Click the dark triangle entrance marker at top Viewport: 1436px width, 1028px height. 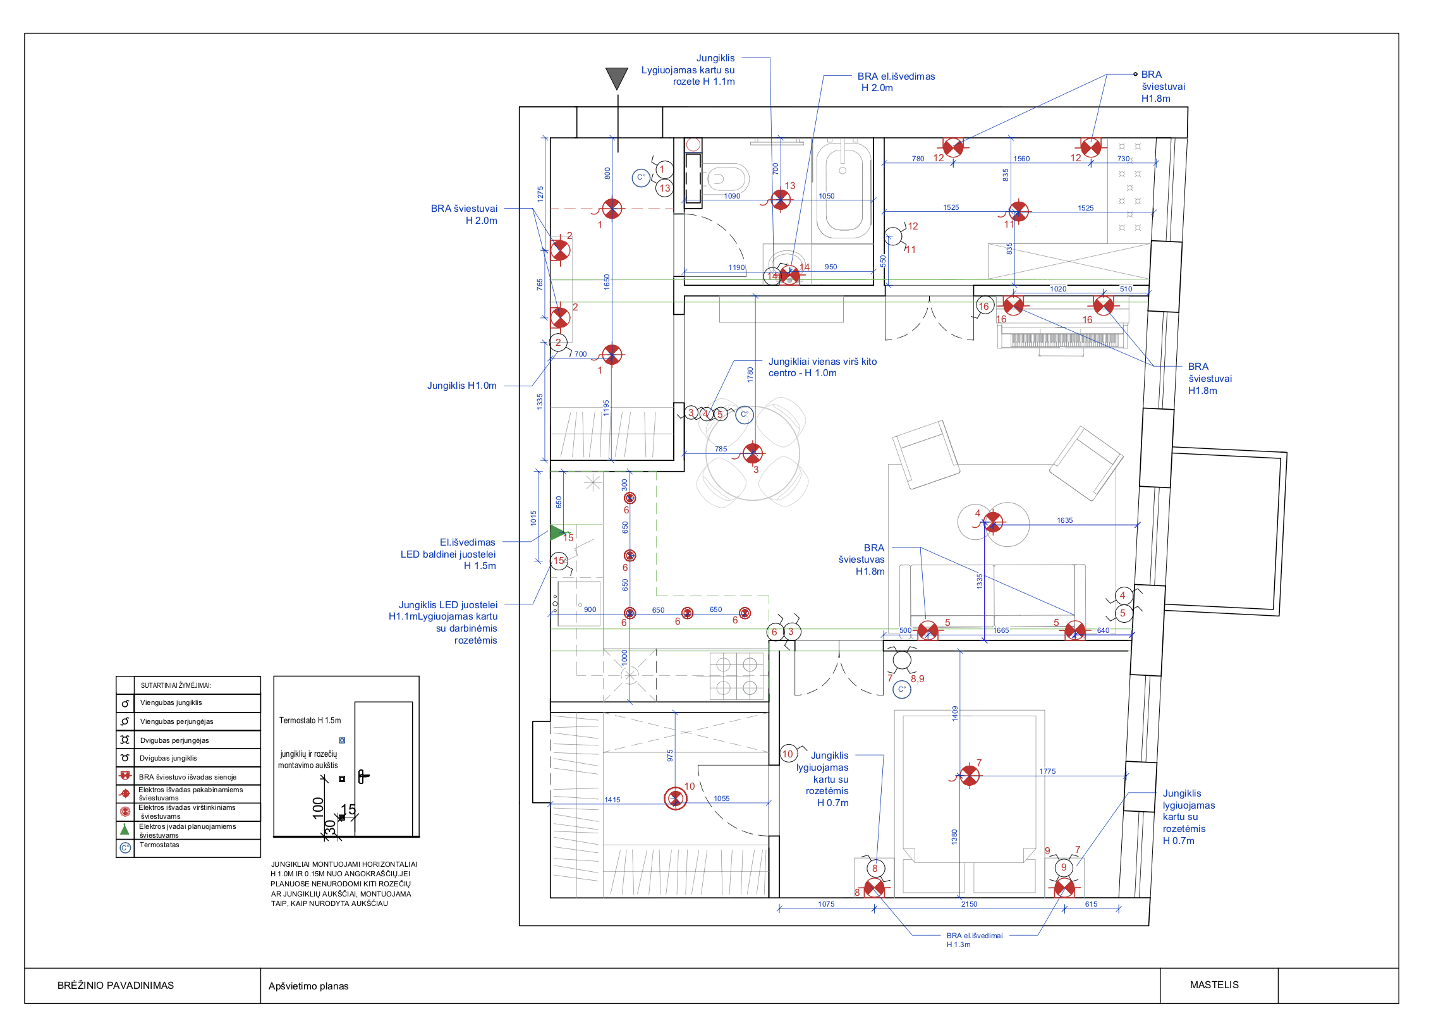pos(616,78)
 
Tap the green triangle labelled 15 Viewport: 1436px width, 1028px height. pos(557,532)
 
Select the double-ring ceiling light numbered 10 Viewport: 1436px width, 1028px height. pos(675,799)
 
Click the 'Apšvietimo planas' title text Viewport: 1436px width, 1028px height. pos(308,986)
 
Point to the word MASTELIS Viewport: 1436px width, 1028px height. pos(1214,984)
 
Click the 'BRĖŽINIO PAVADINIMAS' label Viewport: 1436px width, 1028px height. pos(115,985)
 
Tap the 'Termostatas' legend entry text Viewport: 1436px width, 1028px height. pos(159,845)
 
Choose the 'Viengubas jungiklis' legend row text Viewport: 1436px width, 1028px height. pos(171,702)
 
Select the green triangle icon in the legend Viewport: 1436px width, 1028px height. pos(125,829)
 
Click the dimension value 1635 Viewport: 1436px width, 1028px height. pos(1064,520)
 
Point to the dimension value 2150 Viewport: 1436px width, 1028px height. pos(969,904)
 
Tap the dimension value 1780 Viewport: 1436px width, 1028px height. pos(750,375)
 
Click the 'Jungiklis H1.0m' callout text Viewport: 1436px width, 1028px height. pos(461,386)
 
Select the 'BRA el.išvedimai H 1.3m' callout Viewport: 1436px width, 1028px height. pos(974,940)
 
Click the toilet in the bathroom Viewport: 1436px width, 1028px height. pos(727,178)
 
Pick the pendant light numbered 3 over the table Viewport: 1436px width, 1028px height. pos(753,453)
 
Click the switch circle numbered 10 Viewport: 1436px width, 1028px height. pos(788,753)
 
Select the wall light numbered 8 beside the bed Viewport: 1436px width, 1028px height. pos(874,888)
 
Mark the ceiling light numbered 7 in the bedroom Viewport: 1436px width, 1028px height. pos(969,776)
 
